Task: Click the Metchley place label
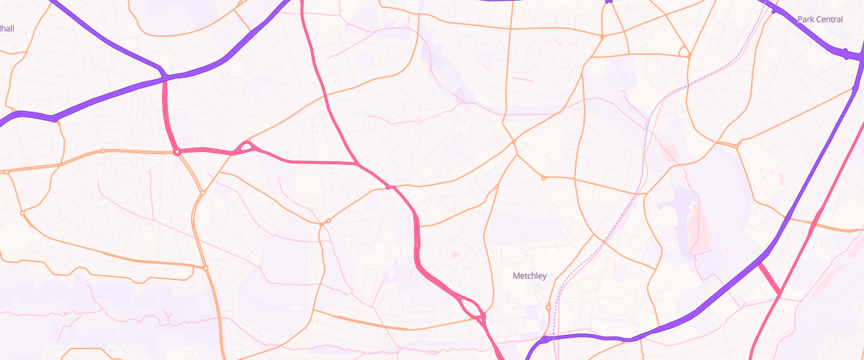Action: pyautogui.click(x=529, y=276)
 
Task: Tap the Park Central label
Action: pyautogui.click(x=819, y=19)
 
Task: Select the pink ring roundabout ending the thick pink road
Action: pyautogui.click(x=176, y=152)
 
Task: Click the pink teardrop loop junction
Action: pyautogui.click(x=246, y=147)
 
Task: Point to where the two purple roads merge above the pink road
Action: pyautogui.click(x=165, y=76)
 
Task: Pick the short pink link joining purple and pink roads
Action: pyautogui.click(x=769, y=279)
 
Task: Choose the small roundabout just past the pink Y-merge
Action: pyautogui.click(x=389, y=187)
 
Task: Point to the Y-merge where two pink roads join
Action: pyautogui.click(x=358, y=165)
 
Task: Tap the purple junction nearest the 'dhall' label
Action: pyautogui.click(x=54, y=118)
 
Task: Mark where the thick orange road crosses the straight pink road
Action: pyautogui.click(x=814, y=226)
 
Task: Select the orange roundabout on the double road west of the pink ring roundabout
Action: pyautogui.click(x=103, y=150)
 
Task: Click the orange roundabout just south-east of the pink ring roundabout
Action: pyautogui.click(x=203, y=192)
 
